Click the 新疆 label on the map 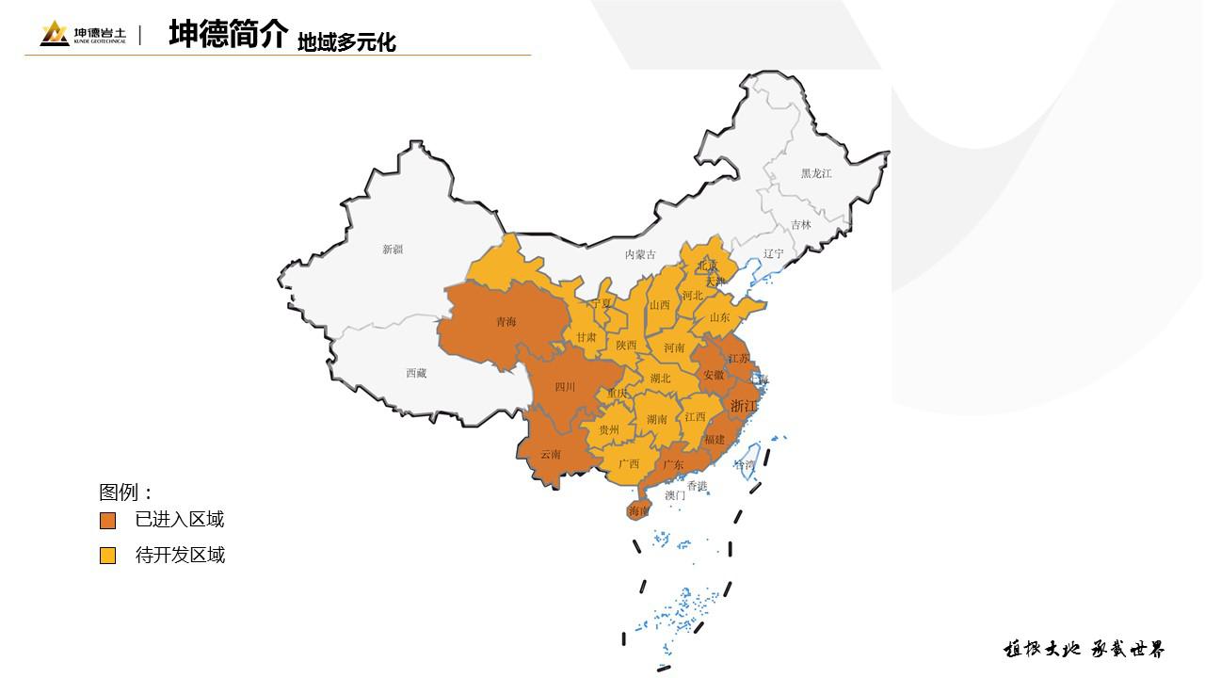pyautogui.click(x=393, y=250)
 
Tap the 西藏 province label pyautogui.click(x=416, y=373)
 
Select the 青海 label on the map pyautogui.click(x=506, y=322)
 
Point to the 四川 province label pyautogui.click(x=565, y=386)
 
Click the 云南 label pyautogui.click(x=551, y=454)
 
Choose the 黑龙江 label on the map pyautogui.click(x=816, y=173)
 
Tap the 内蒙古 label pyautogui.click(x=640, y=254)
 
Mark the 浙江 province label pyautogui.click(x=744, y=406)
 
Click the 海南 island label pyautogui.click(x=639, y=511)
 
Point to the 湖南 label pyautogui.click(x=657, y=419)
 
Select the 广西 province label pyautogui.click(x=628, y=463)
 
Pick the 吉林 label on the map pyautogui.click(x=801, y=225)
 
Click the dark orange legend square pyautogui.click(x=108, y=521)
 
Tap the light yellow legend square pyautogui.click(x=108, y=556)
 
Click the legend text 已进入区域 pyautogui.click(x=180, y=520)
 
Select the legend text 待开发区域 pyautogui.click(x=180, y=556)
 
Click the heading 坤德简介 pyautogui.click(x=228, y=34)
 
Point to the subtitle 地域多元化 pyautogui.click(x=346, y=42)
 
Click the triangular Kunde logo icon pyautogui.click(x=54, y=34)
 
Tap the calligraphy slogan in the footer pyautogui.click(x=1084, y=650)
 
